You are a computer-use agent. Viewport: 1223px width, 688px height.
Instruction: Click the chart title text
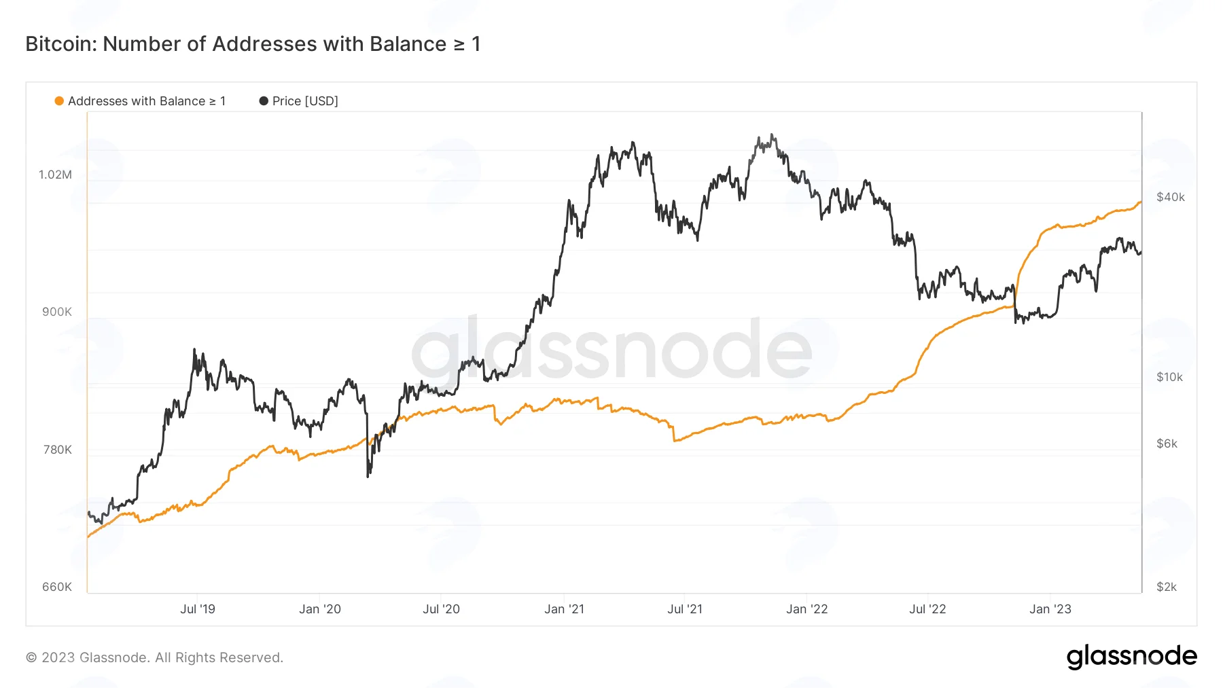[253, 44]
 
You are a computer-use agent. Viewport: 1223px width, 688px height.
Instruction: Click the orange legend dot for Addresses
[59, 101]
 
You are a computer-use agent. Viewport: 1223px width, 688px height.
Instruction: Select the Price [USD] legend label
[305, 101]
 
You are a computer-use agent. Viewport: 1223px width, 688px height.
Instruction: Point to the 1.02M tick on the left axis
[55, 175]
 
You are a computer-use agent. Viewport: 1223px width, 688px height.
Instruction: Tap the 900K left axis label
[57, 312]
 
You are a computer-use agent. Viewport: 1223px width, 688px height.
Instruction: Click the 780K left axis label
[57, 450]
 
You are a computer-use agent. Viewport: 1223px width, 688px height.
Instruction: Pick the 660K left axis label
[57, 587]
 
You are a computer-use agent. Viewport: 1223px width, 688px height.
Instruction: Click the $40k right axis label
[1171, 197]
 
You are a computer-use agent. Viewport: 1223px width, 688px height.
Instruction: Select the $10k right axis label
[1169, 377]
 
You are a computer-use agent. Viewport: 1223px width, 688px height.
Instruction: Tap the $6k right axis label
[1167, 443]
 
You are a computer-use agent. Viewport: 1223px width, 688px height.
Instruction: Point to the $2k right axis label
[1167, 587]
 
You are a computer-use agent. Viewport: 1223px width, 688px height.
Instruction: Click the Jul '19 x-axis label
[198, 609]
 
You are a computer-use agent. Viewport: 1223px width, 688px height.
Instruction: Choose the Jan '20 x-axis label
[320, 609]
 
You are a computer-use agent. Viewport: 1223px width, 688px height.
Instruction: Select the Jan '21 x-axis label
[564, 609]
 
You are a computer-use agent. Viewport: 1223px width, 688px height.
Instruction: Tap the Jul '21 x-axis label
[685, 609]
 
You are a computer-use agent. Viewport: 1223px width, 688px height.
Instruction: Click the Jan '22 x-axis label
[807, 609]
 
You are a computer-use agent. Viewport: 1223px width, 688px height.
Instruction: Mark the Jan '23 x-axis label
[1050, 609]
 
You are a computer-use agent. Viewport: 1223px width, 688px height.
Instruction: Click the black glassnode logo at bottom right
[1132, 657]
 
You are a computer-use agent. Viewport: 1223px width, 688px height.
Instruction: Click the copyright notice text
[154, 657]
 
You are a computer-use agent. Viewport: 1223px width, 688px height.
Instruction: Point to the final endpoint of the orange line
[1141, 202]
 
